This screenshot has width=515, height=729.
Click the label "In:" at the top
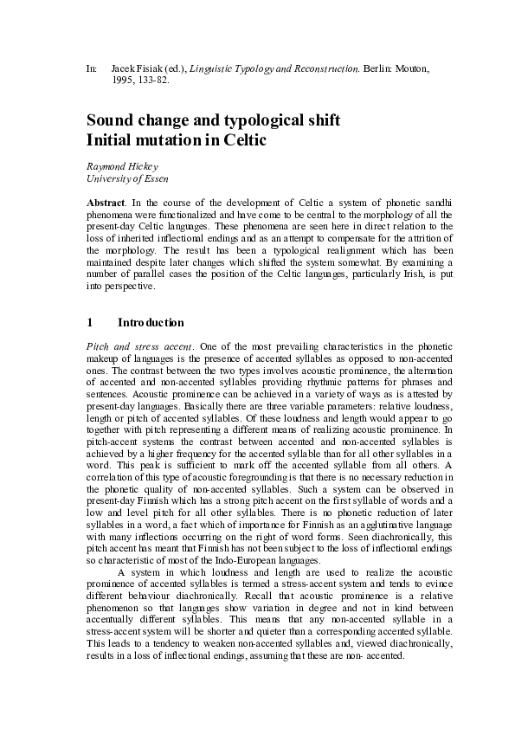92,67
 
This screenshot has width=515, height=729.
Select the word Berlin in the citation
374,67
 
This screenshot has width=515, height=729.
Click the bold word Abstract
106,202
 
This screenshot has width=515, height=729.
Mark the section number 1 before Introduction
90,323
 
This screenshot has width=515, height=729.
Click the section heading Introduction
151,323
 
